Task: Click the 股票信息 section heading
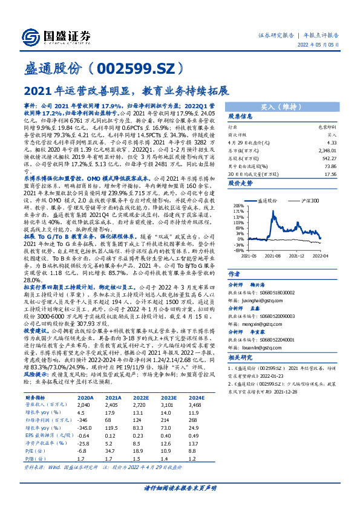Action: point(240,116)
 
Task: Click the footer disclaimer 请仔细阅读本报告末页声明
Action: point(180,487)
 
